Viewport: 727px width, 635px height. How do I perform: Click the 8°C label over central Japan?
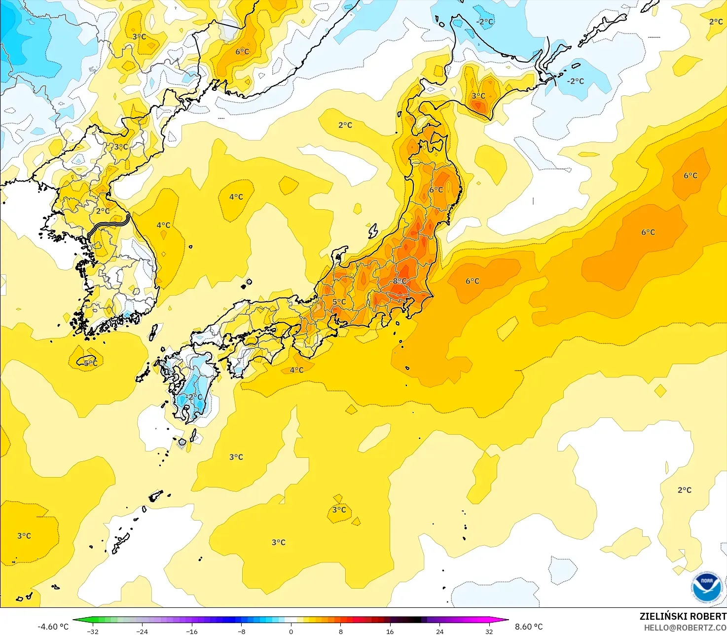coord(400,281)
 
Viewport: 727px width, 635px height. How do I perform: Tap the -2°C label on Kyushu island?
coord(195,397)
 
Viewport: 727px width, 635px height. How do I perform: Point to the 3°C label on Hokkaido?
coord(478,96)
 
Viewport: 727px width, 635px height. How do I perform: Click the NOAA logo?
coord(706,587)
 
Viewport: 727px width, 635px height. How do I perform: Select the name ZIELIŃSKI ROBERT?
coord(683,616)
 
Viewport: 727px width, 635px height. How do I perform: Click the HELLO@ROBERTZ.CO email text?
coord(685,628)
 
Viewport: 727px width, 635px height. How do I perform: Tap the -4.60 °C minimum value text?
coord(53,627)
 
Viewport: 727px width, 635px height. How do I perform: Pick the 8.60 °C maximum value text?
coord(529,627)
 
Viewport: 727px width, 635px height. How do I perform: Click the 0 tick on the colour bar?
coord(291,631)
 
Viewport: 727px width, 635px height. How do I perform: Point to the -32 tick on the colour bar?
coord(93,631)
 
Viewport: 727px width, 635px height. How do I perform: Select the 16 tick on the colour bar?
coord(390,631)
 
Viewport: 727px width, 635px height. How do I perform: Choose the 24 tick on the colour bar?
coord(439,631)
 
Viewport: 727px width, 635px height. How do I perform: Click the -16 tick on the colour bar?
coord(192,631)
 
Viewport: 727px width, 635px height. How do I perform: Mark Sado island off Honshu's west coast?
coord(373,230)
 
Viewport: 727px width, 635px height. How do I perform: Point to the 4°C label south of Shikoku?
coord(296,370)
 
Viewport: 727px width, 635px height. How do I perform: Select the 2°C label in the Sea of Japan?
coord(345,125)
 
